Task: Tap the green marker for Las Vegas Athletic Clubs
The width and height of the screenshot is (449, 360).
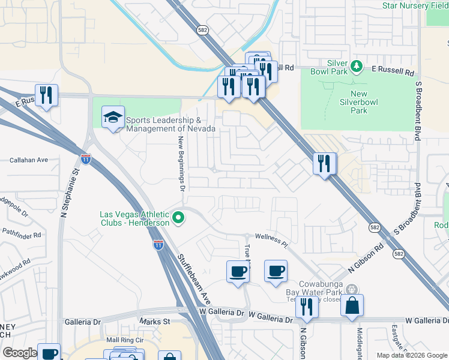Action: (178, 218)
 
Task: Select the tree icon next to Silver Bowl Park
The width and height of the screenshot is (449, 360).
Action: (357, 65)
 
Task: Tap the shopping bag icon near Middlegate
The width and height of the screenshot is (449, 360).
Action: (352, 305)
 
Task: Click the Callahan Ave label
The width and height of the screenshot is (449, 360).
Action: (28, 160)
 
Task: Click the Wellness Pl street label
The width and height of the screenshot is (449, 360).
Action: (271, 238)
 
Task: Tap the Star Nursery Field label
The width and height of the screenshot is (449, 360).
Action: (414, 5)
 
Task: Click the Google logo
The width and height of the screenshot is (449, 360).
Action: (19, 353)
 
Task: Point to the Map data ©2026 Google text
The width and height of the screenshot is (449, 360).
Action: (411, 355)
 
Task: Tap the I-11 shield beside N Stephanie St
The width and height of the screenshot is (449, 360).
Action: (85, 159)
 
